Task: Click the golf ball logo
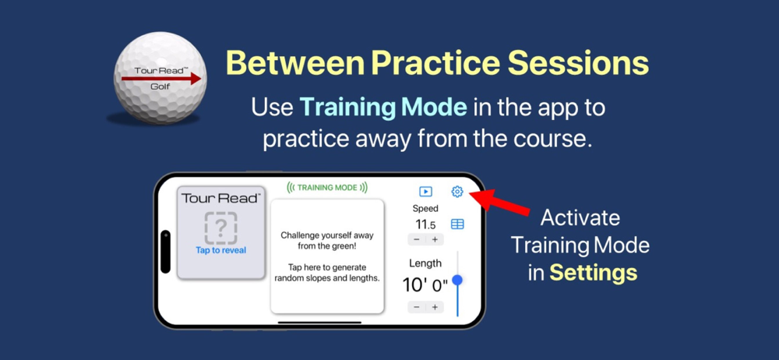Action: (x=160, y=81)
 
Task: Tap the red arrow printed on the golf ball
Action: (x=161, y=79)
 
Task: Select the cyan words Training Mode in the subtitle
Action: (x=383, y=107)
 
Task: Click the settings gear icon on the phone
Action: (x=457, y=192)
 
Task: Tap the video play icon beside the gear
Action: (x=425, y=192)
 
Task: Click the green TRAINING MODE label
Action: (x=327, y=188)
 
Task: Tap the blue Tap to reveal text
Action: (x=220, y=250)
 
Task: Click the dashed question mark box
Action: (x=221, y=228)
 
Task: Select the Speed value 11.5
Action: (x=425, y=224)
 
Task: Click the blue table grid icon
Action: (x=457, y=224)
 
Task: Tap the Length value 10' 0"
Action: (x=425, y=285)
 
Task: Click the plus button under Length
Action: (x=435, y=307)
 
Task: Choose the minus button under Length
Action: (x=416, y=307)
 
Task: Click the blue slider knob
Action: (x=457, y=281)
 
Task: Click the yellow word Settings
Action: (x=594, y=273)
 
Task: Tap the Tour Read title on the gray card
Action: (x=220, y=199)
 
